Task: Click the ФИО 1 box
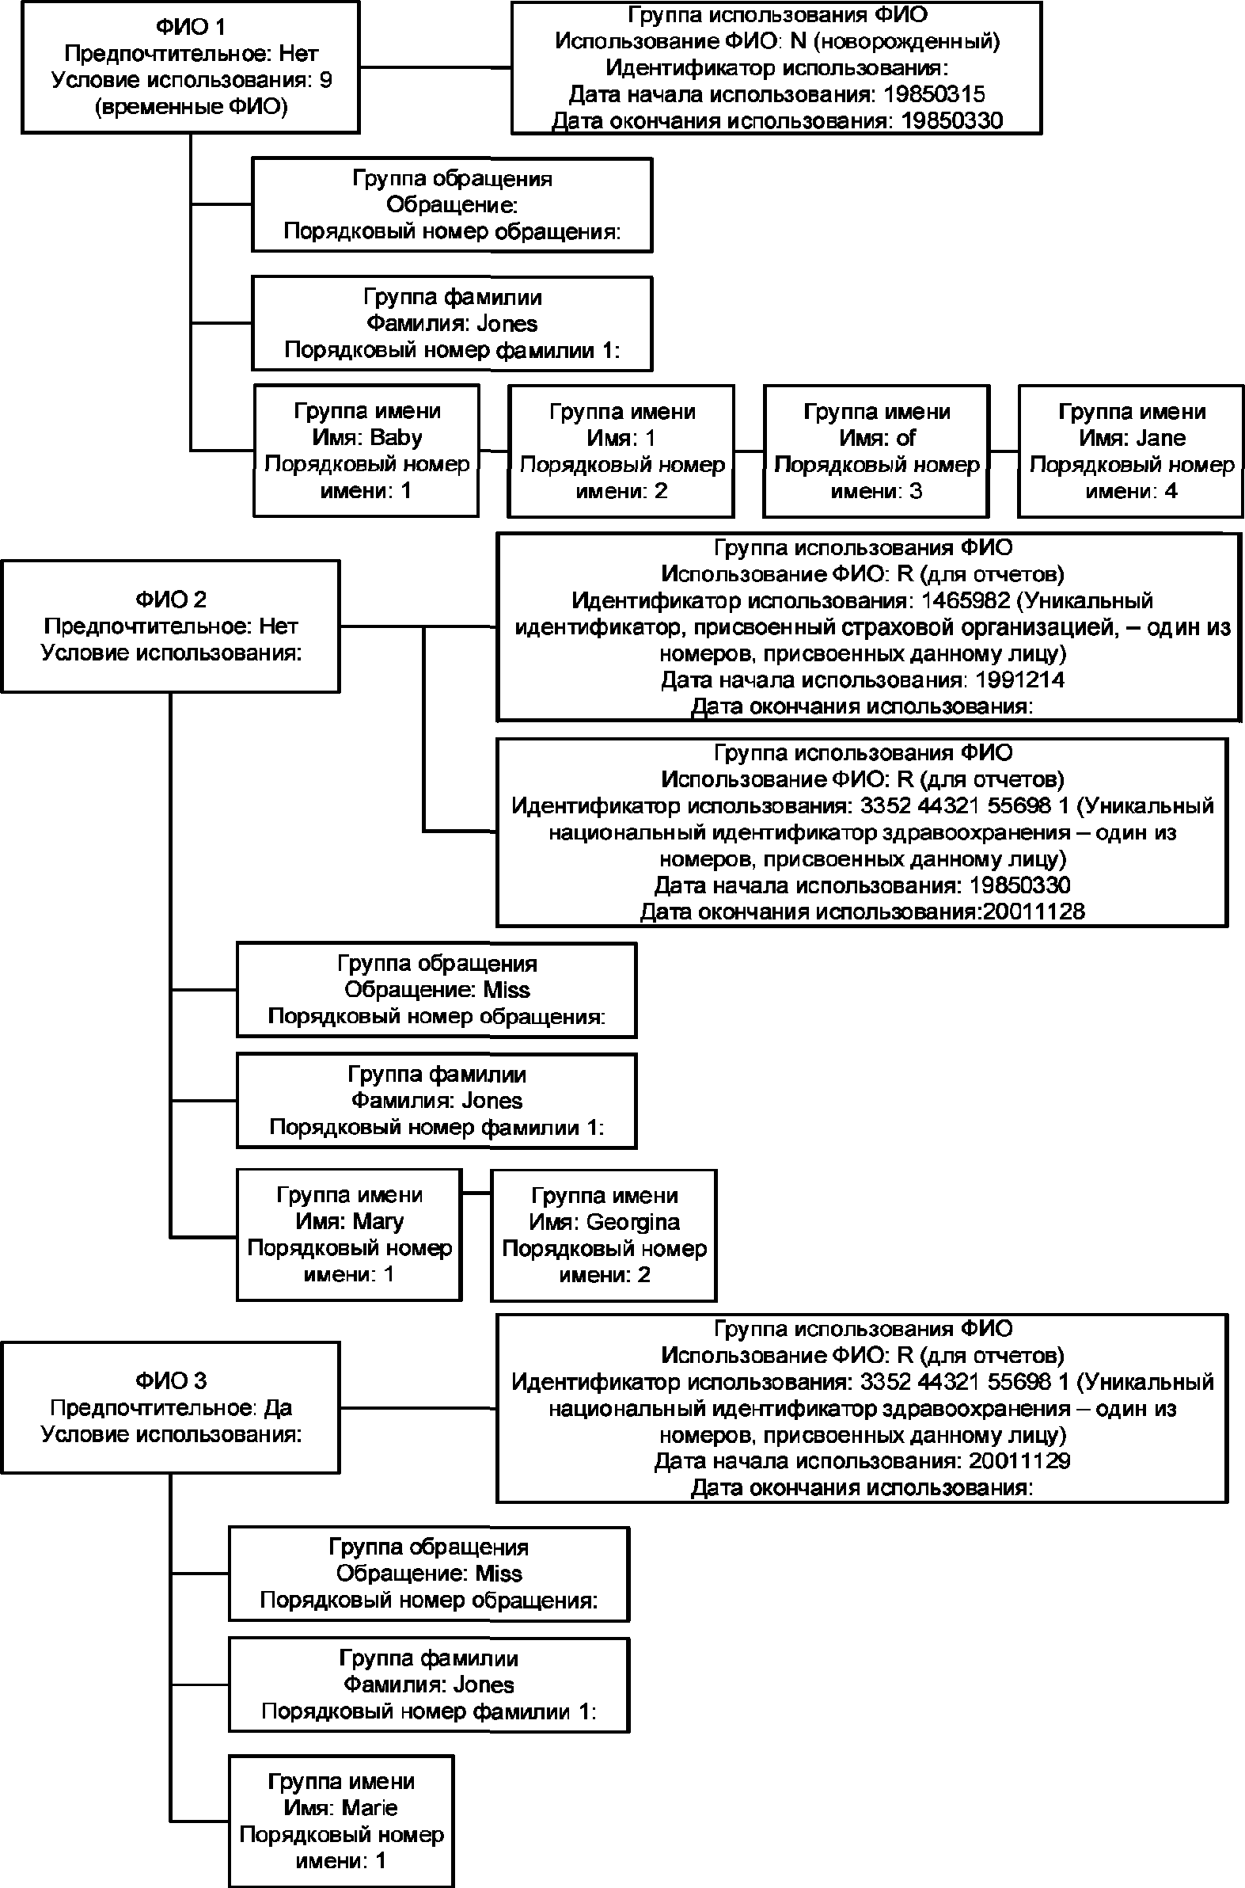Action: click(191, 67)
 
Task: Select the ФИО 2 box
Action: click(171, 626)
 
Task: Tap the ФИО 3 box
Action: click(171, 1407)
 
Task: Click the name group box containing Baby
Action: click(366, 451)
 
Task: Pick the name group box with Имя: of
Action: click(877, 451)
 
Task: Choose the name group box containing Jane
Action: click(1132, 451)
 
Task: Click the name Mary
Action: click(378, 1222)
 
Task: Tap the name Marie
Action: click(369, 1808)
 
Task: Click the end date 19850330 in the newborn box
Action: click(952, 120)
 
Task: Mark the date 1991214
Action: click(1019, 680)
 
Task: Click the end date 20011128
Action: click(1034, 911)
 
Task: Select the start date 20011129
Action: click(1019, 1460)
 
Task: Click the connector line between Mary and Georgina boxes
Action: click(476, 1192)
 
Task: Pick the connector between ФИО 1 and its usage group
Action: click(435, 67)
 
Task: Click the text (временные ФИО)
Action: click(191, 106)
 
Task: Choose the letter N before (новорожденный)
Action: click(798, 41)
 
